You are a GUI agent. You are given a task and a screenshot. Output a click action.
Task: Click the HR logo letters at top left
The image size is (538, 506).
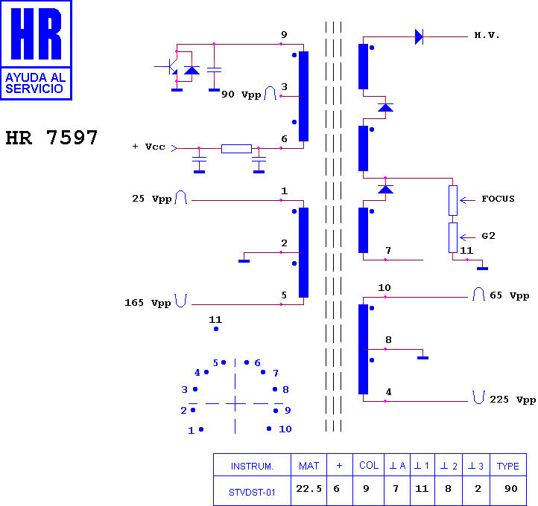(36, 33)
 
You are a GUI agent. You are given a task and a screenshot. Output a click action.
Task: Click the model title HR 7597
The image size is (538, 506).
(52, 138)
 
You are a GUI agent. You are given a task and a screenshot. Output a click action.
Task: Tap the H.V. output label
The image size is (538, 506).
(487, 35)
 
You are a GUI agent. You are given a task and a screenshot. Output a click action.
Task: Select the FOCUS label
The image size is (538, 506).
(498, 199)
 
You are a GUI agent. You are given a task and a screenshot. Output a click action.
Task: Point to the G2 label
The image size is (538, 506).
(488, 236)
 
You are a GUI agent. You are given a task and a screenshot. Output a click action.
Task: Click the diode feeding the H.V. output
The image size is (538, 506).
(419, 36)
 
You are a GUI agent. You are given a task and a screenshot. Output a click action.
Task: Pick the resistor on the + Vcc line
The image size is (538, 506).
(236, 149)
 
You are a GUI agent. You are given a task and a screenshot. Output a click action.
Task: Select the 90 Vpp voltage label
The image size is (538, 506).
(241, 95)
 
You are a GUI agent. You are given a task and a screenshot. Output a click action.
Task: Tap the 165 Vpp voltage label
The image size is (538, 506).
(148, 303)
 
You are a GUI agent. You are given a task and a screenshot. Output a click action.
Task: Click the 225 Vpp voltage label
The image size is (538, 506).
(513, 400)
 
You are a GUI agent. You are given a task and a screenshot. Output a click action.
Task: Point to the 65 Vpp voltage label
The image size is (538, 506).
(509, 295)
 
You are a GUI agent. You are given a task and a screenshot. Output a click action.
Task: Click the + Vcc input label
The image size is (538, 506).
(148, 147)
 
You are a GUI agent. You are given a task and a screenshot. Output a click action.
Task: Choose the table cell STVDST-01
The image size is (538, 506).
(252, 493)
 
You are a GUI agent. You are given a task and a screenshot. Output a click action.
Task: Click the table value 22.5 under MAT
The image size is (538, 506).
(308, 489)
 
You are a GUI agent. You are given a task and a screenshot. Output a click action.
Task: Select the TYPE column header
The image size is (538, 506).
(507, 466)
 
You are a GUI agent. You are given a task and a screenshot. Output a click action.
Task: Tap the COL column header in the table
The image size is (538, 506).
(369, 465)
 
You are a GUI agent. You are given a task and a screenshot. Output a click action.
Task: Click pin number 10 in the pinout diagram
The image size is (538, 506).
(285, 429)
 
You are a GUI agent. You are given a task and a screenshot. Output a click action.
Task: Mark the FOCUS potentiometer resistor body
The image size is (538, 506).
(453, 200)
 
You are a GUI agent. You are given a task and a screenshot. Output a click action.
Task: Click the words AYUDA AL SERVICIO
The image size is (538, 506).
(35, 83)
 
